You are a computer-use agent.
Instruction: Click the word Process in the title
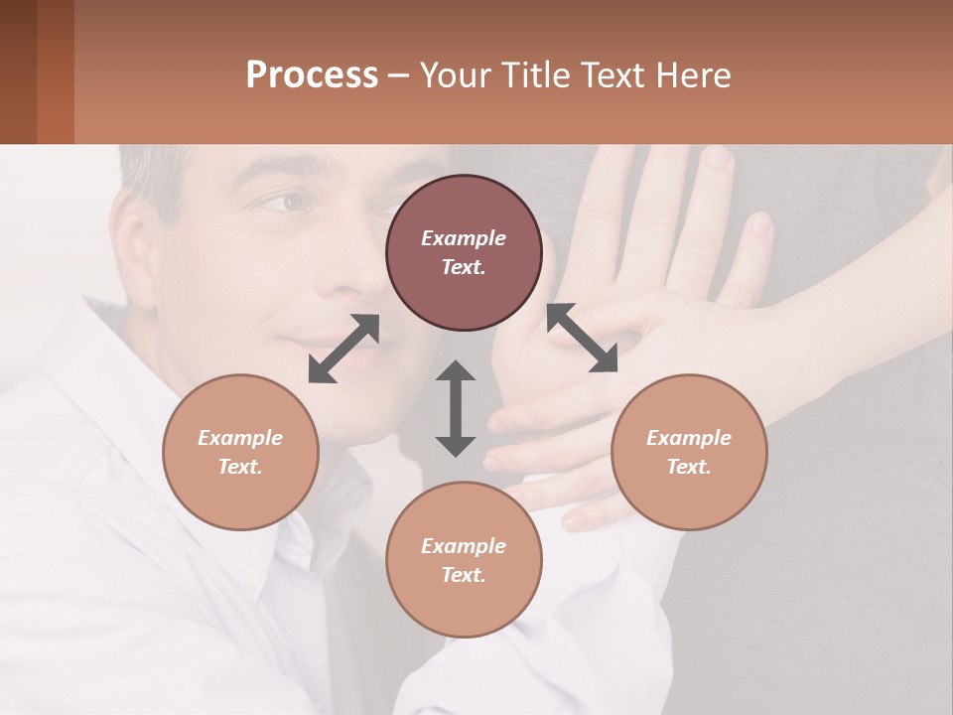(312, 75)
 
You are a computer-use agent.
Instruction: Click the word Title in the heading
(530, 75)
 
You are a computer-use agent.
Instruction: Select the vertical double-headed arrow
(456, 408)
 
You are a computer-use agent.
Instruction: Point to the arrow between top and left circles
(343, 349)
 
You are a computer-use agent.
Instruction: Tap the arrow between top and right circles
(583, 338)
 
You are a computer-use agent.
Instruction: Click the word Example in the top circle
(464, 238)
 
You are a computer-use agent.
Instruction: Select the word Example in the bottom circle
(464, 546)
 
